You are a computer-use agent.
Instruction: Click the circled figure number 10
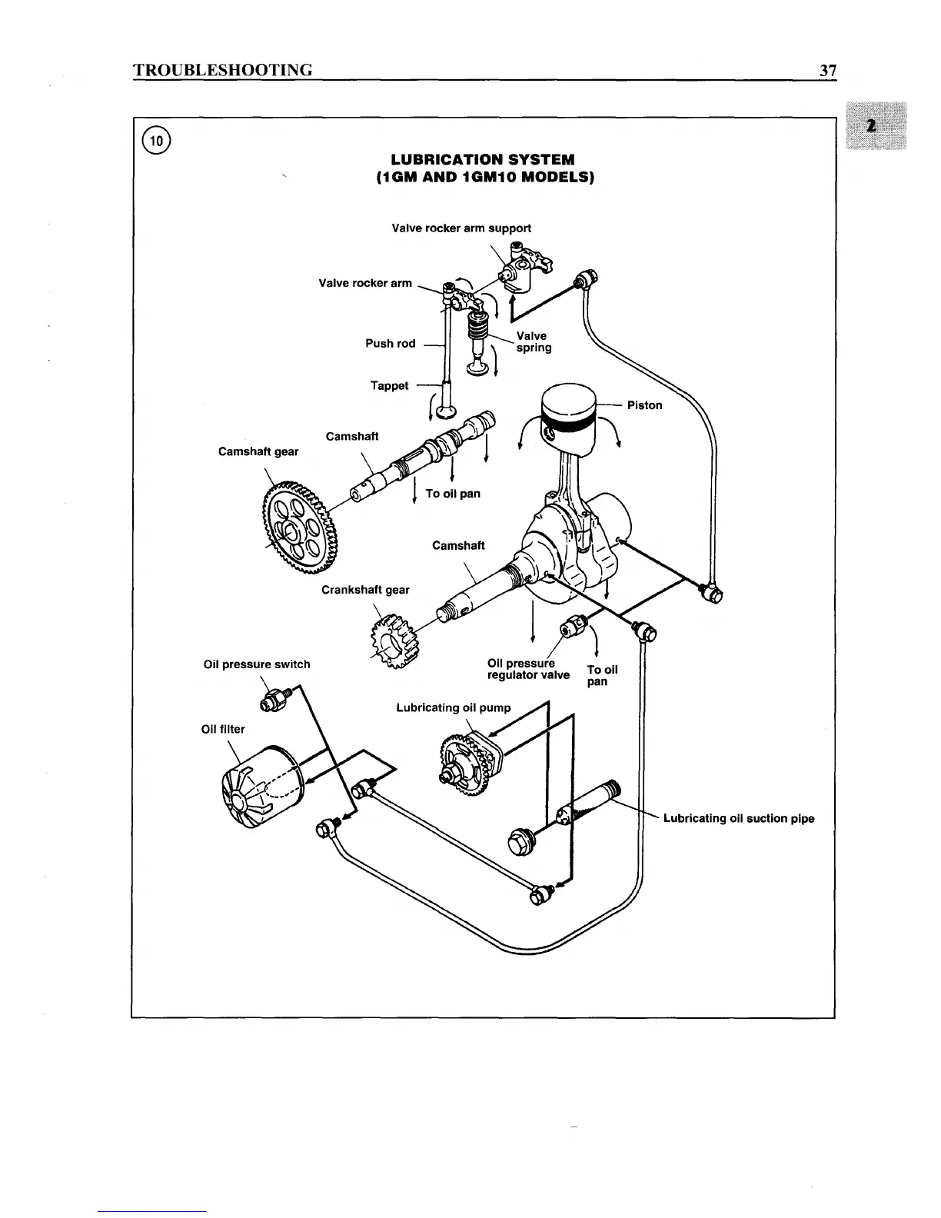coord(157,140)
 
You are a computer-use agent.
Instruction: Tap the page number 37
coord(827,71)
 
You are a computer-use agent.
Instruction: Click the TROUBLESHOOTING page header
coord(223,71)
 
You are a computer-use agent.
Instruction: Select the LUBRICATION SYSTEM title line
coord(483,160)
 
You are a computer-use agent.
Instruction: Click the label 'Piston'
coord(644,405)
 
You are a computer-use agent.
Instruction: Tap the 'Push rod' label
coord(390,344)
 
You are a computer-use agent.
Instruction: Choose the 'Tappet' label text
coord(389,386)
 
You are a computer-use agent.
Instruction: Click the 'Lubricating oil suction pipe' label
coord(738,818)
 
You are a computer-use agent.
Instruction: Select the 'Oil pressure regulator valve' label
coord(528,669)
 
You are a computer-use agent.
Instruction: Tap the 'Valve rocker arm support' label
coord(461,228)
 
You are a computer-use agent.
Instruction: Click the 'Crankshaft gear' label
coord(365,590)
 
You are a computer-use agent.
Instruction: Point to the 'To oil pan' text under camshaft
coord(453,494)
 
